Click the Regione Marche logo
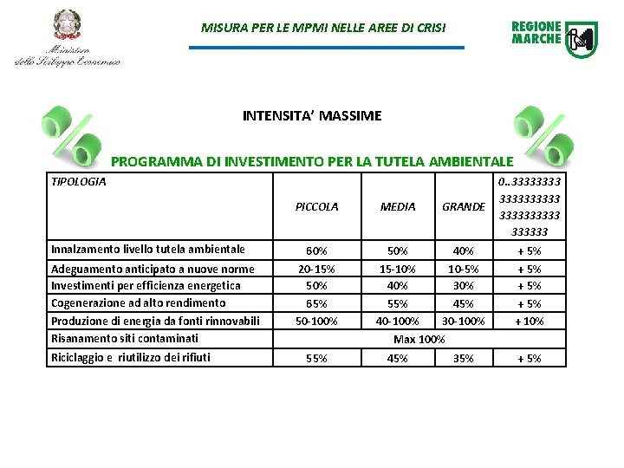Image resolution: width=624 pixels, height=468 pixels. (x=554, y=39)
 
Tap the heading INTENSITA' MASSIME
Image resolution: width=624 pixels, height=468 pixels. (x=312, y=115)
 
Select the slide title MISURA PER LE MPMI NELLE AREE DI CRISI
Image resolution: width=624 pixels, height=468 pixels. (x=323, y=28)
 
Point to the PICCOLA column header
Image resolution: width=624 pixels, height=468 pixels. (x=316, y=207)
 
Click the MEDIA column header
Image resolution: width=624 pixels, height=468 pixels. (x=398, y=207)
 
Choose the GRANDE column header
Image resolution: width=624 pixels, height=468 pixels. (x=464, y=207)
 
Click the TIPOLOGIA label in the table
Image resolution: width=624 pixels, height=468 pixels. (x=79, y=182)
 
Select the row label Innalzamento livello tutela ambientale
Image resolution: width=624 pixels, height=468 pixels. (x=148, y=250)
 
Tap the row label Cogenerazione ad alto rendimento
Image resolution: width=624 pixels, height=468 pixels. (x=139, y=303)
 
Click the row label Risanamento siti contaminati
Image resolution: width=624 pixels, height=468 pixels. (x=125, y=338)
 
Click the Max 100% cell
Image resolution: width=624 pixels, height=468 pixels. (x=419, y=339)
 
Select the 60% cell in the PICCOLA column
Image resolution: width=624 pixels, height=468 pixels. (x=316, y=251)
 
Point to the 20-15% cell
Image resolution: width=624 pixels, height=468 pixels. (x=316, y=269)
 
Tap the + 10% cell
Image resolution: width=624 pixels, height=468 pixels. (x=529, y=322)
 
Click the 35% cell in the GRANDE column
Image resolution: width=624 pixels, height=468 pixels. (x=464, y=358)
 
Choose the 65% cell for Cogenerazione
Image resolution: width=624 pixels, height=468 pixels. (x=316, y=304)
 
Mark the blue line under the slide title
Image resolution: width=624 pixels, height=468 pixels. (x=326, y=48)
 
